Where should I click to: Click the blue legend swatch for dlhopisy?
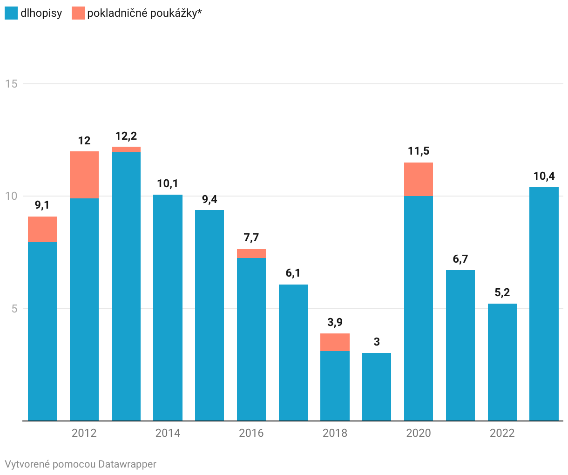click(11, 13)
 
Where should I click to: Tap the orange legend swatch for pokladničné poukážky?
click(78, 13)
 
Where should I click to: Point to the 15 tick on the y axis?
click(11, 84)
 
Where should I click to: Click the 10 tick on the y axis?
click(11, 196)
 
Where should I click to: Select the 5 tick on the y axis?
click(14, 309)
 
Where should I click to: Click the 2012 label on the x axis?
click(84, 433)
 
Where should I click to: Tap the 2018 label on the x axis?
click(335, 433)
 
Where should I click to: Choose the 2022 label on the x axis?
click(502, 433)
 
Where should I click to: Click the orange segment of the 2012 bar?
click(84, 175)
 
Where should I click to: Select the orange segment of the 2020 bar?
click(419, 179)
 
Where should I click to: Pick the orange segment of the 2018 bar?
click(335, 342)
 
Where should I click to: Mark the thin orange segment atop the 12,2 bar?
click(126, 149)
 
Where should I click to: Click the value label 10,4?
click(544, 176)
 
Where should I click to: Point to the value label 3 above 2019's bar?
click(377, 342)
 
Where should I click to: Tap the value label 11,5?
click(419, 151)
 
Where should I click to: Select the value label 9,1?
click(42, 205)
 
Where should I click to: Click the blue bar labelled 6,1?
click(293, 353)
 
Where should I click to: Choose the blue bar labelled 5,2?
click(502, 362)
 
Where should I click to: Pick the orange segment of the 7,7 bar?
click(251, 253)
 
